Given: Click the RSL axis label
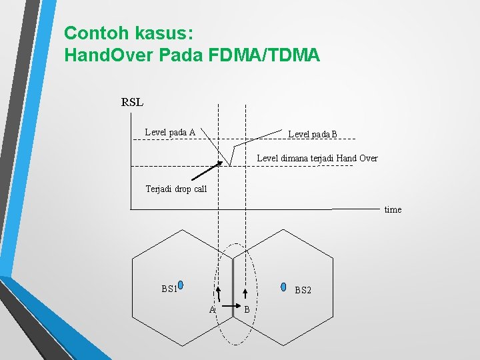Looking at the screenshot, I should [x=132, y=103].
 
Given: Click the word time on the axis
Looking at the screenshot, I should [x=393, y=209].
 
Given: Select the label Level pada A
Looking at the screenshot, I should [x=170, y=132].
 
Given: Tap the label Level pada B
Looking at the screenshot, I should [x=313, y=135].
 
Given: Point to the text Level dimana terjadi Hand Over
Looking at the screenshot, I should [x=317, y=158].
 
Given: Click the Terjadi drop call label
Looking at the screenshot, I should [x=176, y=189].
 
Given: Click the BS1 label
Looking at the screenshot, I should [x=169, y=289].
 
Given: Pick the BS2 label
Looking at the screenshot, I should [x=303, y=290].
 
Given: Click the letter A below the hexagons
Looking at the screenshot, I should [x=212, y=310].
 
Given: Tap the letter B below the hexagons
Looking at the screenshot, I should [x=247, y=309].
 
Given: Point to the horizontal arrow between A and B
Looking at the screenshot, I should [x=229, y=309].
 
